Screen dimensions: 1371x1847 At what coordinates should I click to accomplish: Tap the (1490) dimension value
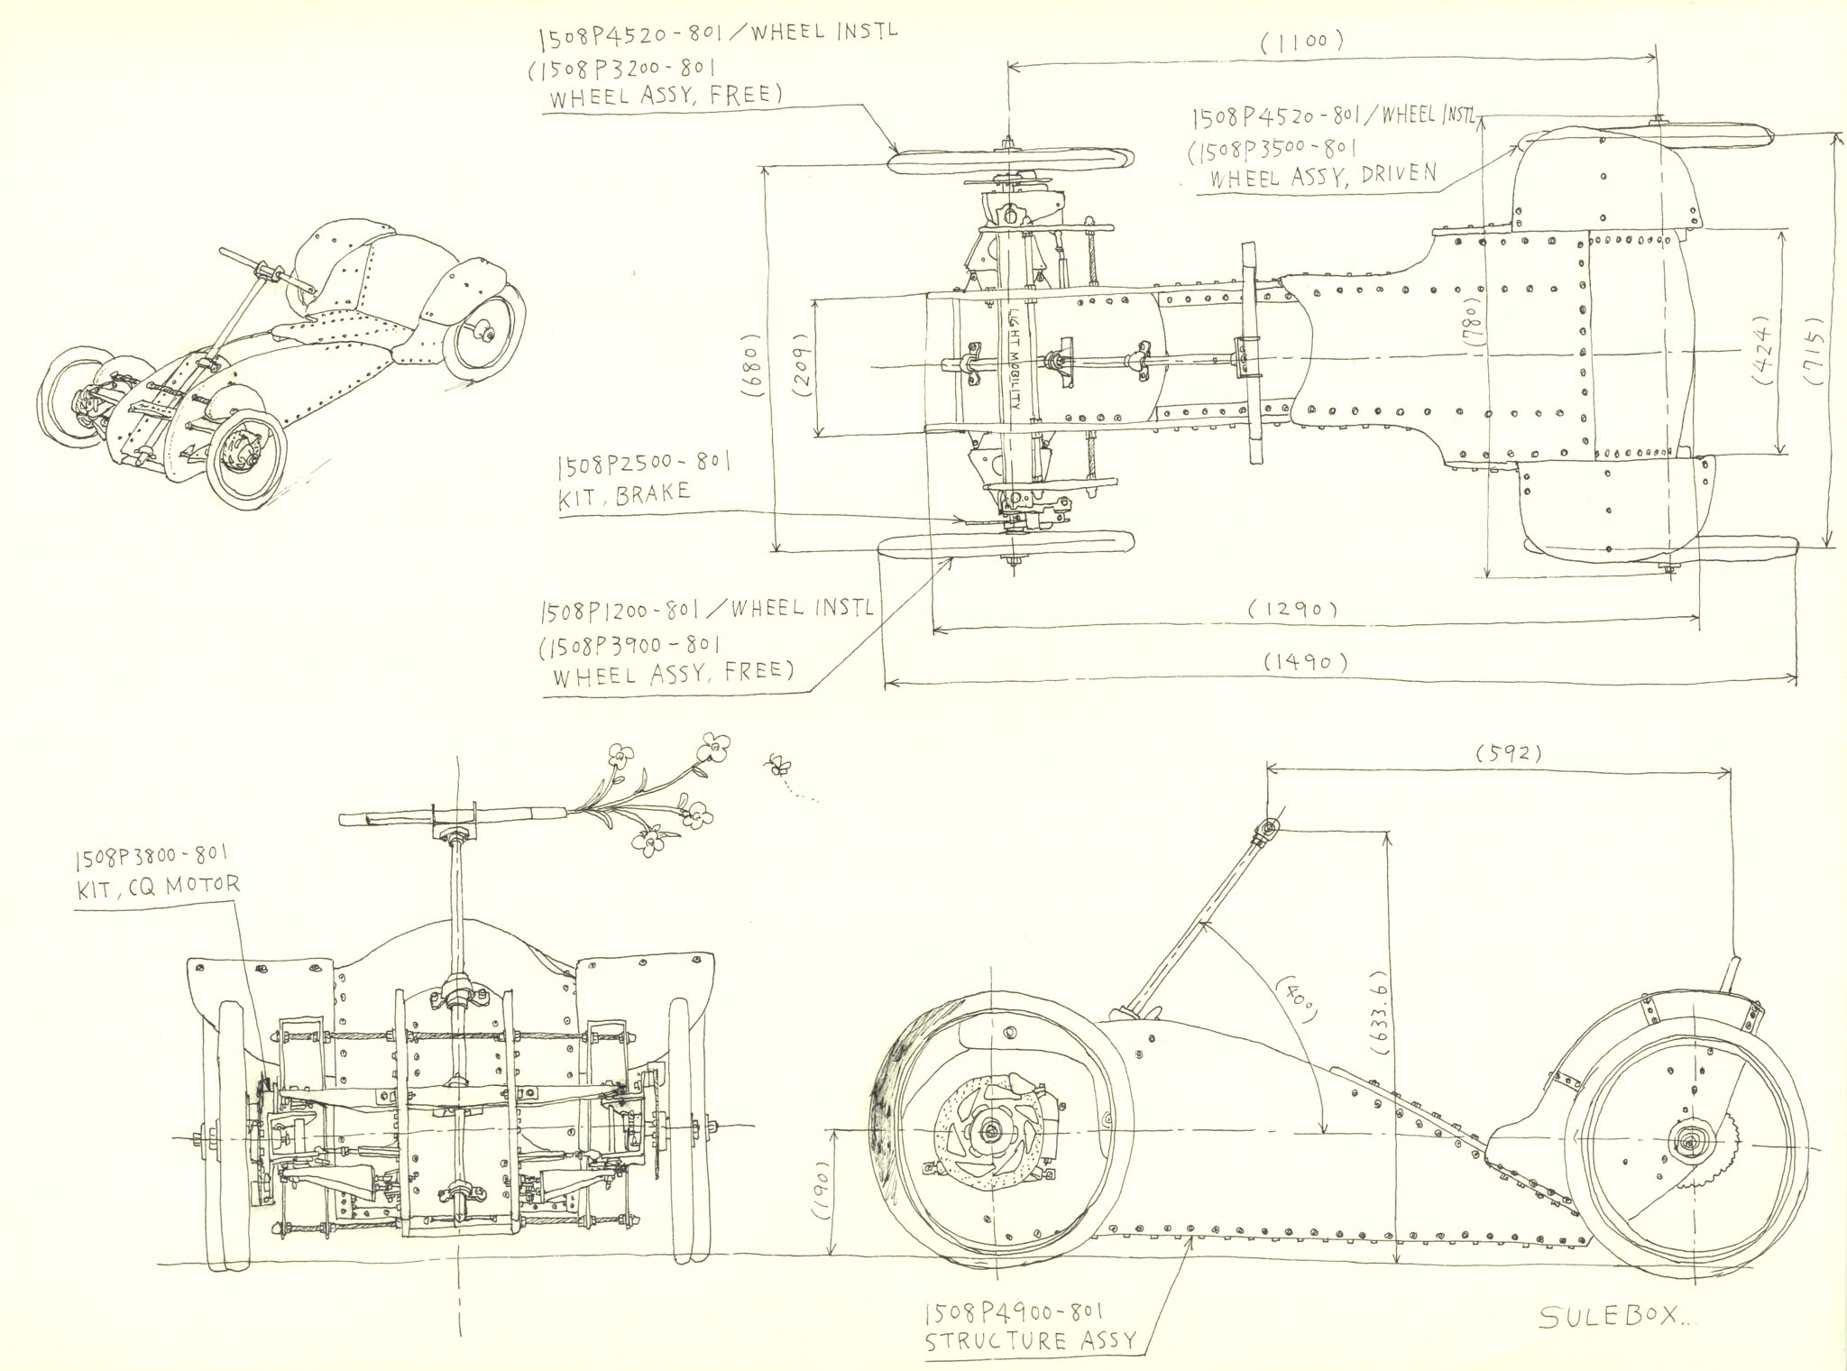pos(1305,662)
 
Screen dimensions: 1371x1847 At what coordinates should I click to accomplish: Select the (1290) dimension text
pos(1291,610)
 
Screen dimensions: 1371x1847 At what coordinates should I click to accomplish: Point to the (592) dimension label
pos(1510,753)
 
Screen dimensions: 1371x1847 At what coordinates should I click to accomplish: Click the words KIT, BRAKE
pos(624,494)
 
